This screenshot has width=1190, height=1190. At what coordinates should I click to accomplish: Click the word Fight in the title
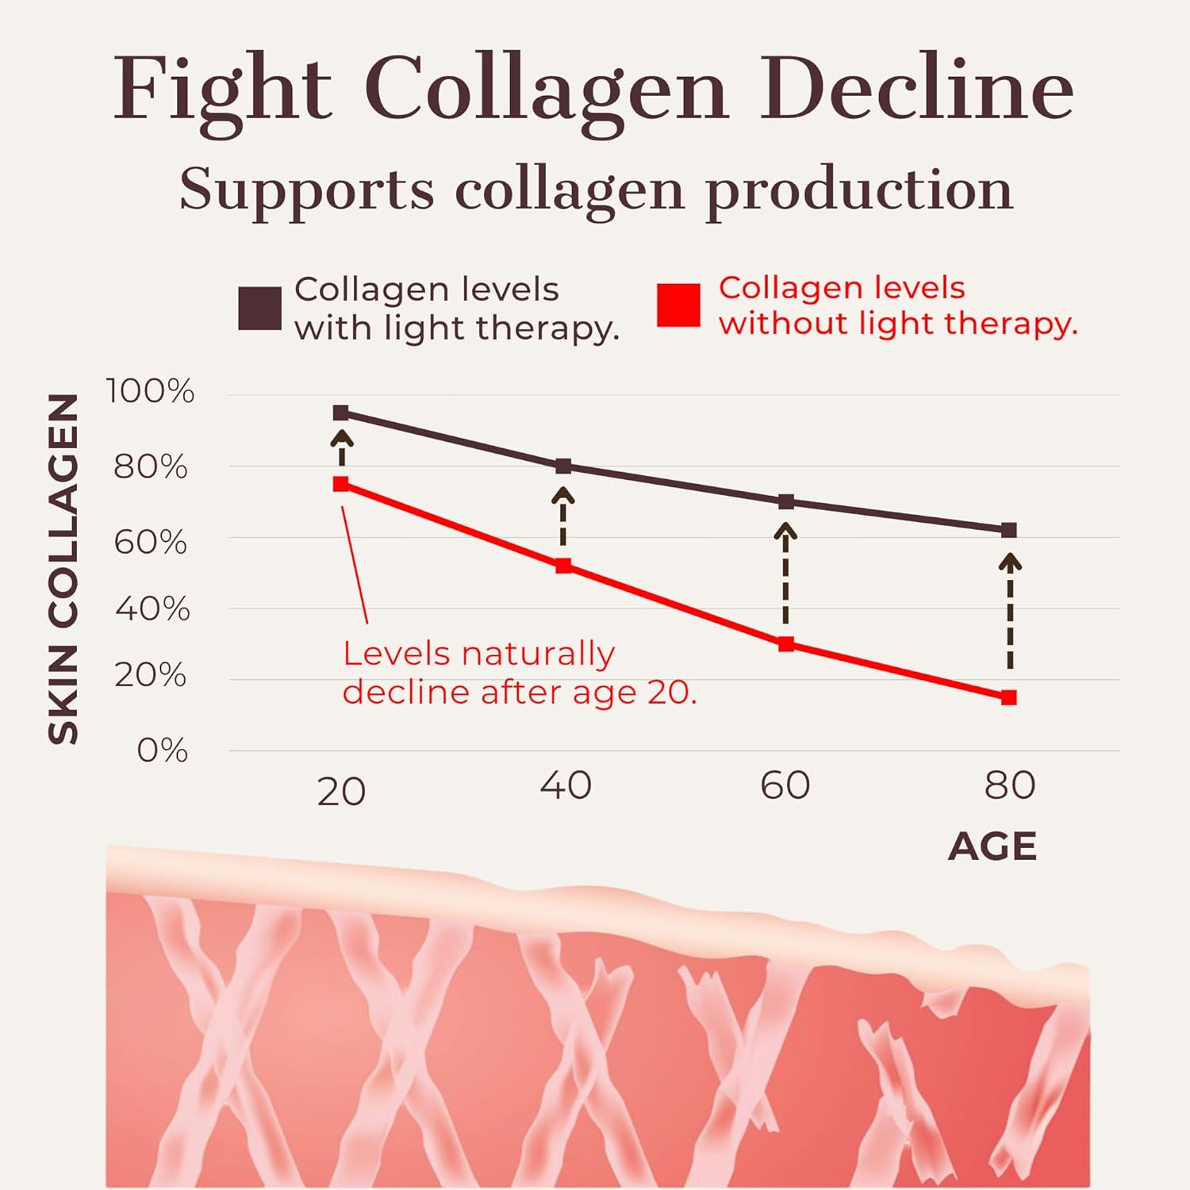222,89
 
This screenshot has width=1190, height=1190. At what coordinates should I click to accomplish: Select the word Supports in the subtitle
306,190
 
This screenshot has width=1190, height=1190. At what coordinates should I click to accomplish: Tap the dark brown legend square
259,308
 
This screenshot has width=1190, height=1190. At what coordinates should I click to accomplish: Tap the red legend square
678,305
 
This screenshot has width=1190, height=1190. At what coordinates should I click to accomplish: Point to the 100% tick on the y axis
150,391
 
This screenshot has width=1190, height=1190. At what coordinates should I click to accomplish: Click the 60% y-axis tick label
150,543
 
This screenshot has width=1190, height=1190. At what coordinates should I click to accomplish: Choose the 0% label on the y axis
162,750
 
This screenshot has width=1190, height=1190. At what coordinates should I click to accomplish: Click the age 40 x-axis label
565,785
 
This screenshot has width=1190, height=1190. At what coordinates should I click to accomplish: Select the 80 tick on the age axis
1009,785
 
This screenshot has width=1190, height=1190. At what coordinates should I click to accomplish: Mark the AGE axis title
992,846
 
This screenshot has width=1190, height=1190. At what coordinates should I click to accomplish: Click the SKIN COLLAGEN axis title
63,569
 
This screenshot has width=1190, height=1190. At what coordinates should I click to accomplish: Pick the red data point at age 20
341,484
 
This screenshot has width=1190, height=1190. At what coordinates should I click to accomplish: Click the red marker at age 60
786,644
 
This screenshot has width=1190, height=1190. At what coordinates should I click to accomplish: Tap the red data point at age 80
1008,697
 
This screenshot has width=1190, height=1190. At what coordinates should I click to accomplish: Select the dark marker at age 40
563,466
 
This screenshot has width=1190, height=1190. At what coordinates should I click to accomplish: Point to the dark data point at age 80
1008,530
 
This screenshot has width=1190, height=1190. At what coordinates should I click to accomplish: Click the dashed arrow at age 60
785,583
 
